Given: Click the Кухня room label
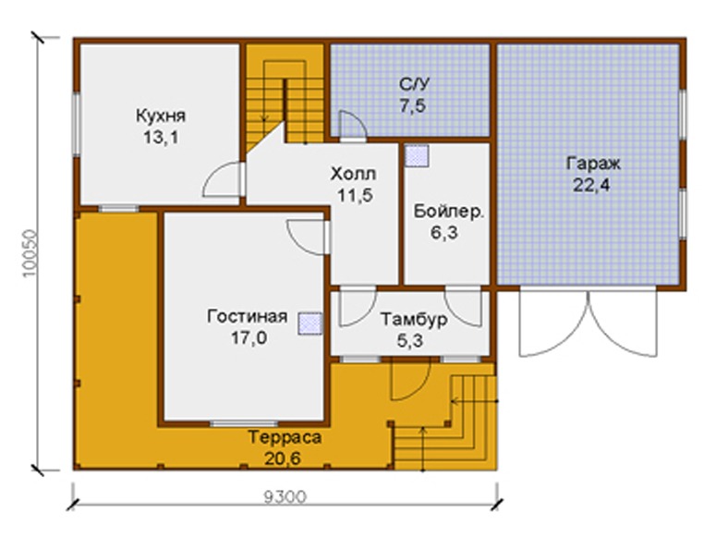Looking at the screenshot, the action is click(x=161, y=116).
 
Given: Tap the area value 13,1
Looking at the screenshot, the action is click(x=161, y=137).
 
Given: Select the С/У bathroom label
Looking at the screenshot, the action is click(x=414, y=84).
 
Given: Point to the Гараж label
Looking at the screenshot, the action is click(x=593, y=164).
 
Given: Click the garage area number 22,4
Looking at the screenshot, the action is click(x=592, y=185).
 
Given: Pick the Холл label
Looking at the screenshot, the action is click(x=354, y=174).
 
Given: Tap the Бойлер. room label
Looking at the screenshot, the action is click(x=449, y=212).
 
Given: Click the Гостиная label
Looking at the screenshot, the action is click(x=248, y=316).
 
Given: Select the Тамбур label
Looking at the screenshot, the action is click(x=414, y=320).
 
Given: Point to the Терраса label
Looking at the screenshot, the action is click(x=285, y=437).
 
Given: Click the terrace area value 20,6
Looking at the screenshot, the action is click(x=283, y=458).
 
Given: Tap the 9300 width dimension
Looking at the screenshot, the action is click(x=285, y=496).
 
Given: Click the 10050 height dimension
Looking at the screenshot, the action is click(x=30, y=253).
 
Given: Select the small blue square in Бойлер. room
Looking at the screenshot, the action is click(x=417, y=156).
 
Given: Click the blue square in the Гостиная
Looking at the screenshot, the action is click(x=310, y=324).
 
